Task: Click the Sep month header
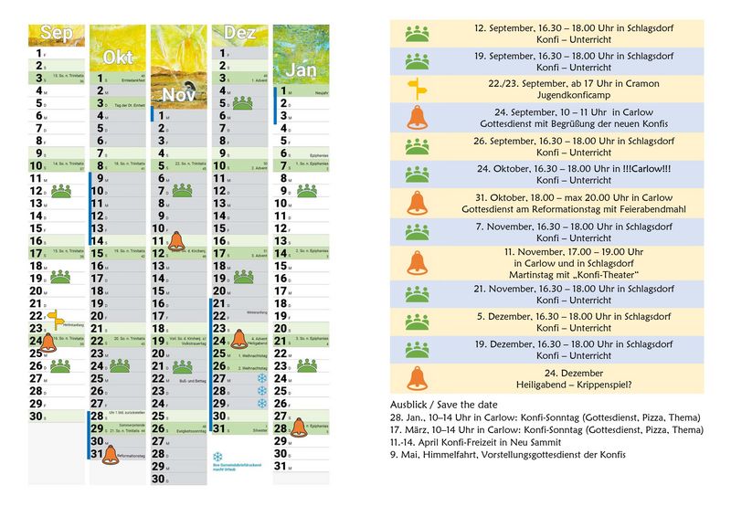pyautogui.click(x=56, y=34)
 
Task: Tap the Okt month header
pyautogui.click(x=117, y=57)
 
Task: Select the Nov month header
pyautogui.click(x=178, y=95)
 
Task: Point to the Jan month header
pyautogui.click(x=302, y=69)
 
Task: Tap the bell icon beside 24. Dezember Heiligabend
pyautogui.click(x=417, y=378)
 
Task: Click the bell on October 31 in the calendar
pyautogui.click(x=111, y=454)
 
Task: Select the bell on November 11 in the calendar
pyautogui.click(x=176, y=241)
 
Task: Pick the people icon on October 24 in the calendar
pyautogui.click(x=119, y=366)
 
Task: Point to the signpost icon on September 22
pyautogui.click(x=56, y=317)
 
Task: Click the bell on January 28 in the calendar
pyautogui.click(x=299, y=428)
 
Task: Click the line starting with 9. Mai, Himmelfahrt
pyautogui.click(x=507, y=455)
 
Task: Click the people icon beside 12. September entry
pyautogui.click(x=417, y=34)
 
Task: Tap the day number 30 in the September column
pyautogui.click(x=37, y=416)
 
